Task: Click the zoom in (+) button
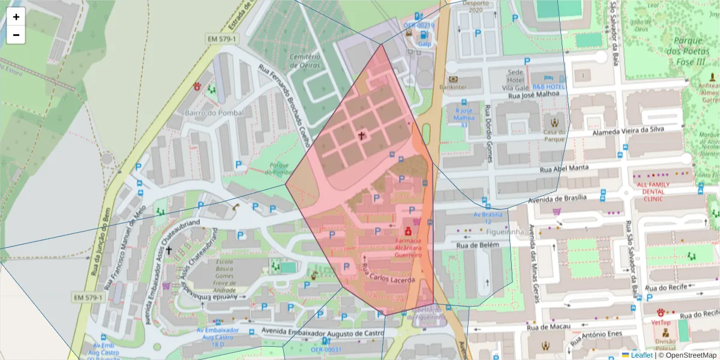coord(16,17)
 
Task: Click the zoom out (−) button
coord(16,35)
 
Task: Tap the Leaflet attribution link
coord(641,355)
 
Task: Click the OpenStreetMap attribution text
coord(687,355)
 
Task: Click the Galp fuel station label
coord(425,44)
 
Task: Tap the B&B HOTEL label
coord(548,87)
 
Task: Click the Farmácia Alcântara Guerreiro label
coord(407,247)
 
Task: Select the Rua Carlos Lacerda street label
coord(388,273)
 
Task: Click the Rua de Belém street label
coord(479,245)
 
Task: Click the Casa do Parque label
coord(555,136)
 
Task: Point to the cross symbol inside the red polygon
coord(362,136)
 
